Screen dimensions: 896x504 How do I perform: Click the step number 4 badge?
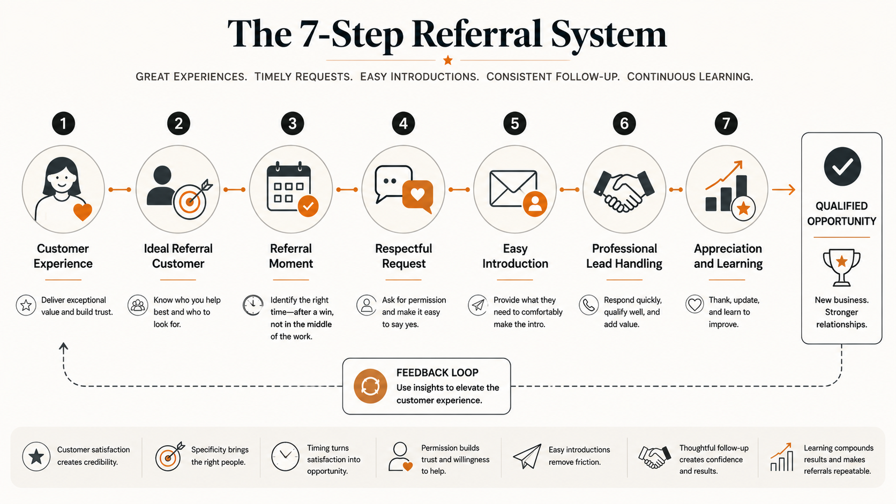pos(403,123)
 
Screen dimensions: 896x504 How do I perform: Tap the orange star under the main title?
pos(447,61)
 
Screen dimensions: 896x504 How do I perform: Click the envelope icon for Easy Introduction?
pos(513,189)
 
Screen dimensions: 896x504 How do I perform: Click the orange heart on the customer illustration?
pos(83,212)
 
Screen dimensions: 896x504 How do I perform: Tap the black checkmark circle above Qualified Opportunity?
pos(842,166)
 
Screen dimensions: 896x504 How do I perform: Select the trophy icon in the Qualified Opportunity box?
pos(841,267)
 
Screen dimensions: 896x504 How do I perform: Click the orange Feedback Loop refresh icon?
pos(370,386)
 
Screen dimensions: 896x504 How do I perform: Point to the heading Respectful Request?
pos(403,256)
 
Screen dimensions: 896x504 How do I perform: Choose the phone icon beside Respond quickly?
pos(589,305)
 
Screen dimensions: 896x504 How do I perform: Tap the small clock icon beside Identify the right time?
pos(253,305)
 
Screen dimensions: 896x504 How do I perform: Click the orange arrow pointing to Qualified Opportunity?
pos(783,190)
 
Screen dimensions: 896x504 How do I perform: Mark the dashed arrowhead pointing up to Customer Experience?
pos(63,347)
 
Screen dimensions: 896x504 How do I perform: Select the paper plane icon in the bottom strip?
pos(527,456)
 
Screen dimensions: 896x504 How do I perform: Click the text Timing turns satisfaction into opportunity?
pos(334,460)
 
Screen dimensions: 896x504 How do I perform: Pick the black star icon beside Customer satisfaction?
pos(36,456)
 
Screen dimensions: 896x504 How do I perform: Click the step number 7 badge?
pos(726,123)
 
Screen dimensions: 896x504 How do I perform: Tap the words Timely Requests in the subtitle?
pos(304,77)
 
